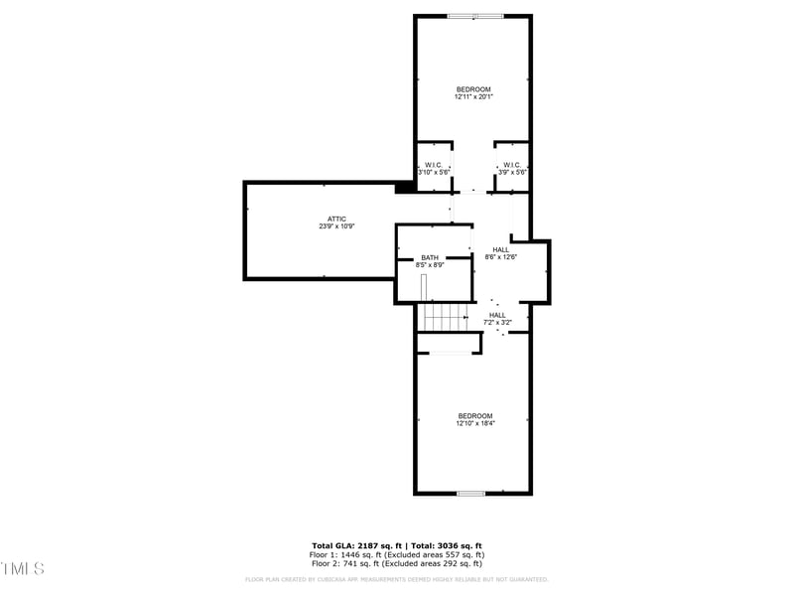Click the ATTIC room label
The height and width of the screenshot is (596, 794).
point(337,219)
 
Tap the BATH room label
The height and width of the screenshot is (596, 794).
point(429,257)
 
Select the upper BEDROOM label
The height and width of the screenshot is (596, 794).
point(473,89)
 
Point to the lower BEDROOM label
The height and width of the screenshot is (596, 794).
point(474,415)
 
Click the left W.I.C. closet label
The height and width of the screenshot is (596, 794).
point(433,165)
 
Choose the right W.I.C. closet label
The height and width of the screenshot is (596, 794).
point(512,165)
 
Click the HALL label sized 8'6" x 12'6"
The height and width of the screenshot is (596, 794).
point(500,249)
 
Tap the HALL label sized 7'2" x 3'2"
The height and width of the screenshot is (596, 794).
point(497,315)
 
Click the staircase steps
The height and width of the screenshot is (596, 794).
point(443,317)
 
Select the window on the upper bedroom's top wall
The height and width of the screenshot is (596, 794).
point(474,16)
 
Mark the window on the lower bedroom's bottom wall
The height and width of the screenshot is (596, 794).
point(470,493)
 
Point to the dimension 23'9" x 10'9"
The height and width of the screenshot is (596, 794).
point(337,226)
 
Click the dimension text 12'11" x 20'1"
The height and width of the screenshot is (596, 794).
point(473,97)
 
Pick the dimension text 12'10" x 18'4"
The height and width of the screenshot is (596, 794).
point(474,423)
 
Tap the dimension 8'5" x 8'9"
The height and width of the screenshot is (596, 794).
point(429,265)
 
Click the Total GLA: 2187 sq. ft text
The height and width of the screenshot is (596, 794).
point(356,545)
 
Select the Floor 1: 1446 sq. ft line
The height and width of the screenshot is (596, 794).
point(397,554)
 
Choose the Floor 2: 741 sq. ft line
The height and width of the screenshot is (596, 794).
point(397,562)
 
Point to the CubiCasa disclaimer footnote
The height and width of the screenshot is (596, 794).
point(397,579)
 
